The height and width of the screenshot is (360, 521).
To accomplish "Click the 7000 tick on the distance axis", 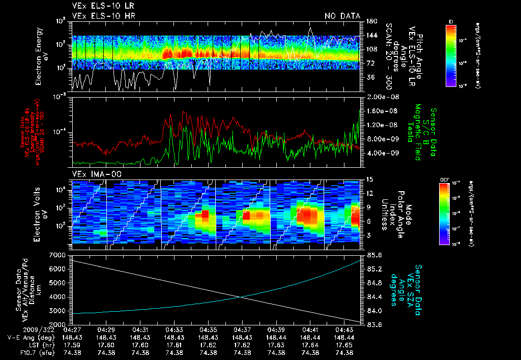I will point(57,254).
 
